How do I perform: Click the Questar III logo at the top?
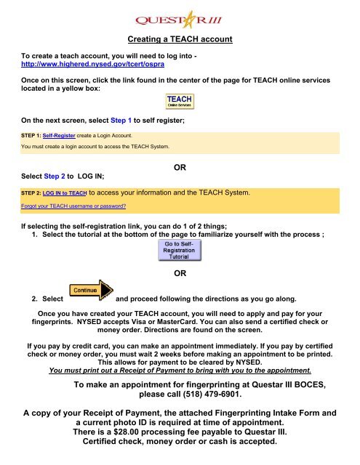pos(179,17)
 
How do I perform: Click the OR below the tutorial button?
pos(180,276)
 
